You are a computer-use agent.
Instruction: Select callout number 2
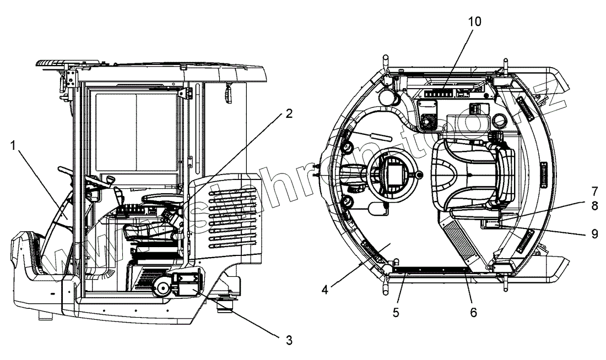click(x=288, y=114)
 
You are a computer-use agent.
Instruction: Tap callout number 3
click(x=288, y=340)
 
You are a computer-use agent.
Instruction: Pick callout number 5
click(x=396, y=312)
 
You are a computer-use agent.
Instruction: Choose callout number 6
click(x=473, y=312)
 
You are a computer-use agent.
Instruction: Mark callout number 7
click(x=594, y=192)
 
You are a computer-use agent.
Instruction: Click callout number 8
click(x=594, y=205)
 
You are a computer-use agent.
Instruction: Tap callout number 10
click(x=474, y=21)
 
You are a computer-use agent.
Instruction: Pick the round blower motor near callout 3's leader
click(x=163, y=286)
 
